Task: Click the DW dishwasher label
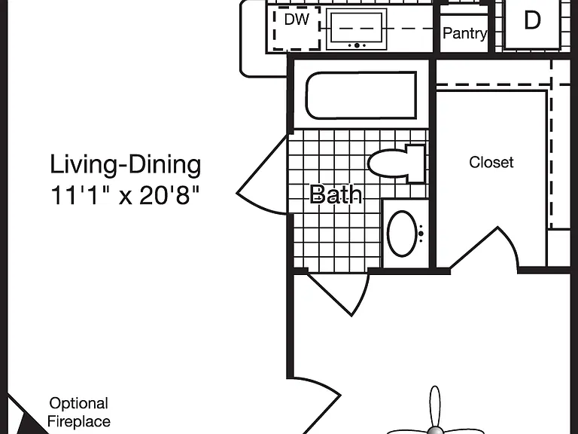pyautogui.click(x=297, y=20)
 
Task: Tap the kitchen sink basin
pyautogui.click(x=357, y=28)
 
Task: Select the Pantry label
pyautogui.click(x=464, y=34)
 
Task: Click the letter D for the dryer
pyautogui.click(x=532, y=20)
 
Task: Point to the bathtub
pyautogui.click(x=361, y=95)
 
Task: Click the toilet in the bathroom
pyautogui.click(x=397, y=163)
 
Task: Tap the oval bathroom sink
pyautogui.click(x=402, y=234)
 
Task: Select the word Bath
pyautogui.click(x=336, y=194)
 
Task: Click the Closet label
pyautogui.click(x=491, y=163)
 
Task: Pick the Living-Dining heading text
pyautogui.click(x=126, y=164)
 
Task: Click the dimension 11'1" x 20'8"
pyautogui.click(x=125, y=195)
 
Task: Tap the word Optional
pyautogui.click(x=78, y=404)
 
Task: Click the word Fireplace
pyautogui.click(x=79, y=421)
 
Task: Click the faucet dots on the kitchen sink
pyautogui.click(x=357, y=45)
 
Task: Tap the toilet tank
pyautogui.click(x=415, y=164)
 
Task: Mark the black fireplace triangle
pyautogui.click(x=32, y=423)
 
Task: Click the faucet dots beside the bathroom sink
pyautogui.click(x=421, y=234)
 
